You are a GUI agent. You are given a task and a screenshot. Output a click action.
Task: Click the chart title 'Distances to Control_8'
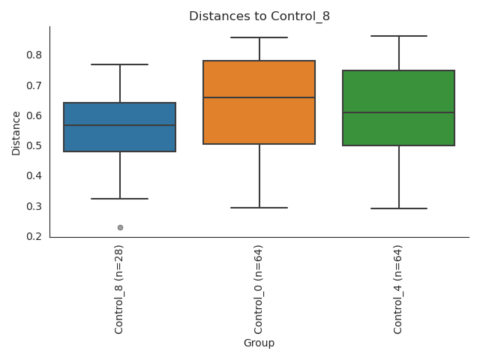[x=259, y=16]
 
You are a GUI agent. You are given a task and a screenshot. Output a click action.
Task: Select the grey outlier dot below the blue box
[x=120, y=227]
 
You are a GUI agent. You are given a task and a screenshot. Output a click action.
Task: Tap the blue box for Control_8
[x=120, y=139]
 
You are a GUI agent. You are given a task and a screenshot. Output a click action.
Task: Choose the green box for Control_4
[x=399, y=131]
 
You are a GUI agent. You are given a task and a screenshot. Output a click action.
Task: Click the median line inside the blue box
[x=120, y=125]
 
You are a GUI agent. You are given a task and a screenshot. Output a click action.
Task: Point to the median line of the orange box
[x=259, y=97]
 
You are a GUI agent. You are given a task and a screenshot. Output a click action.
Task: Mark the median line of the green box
[x=399, y=112]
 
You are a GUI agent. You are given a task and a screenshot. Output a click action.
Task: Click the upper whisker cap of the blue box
[x=120, y=64]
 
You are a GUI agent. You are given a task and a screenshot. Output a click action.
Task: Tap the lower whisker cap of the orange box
[x=259, y=208]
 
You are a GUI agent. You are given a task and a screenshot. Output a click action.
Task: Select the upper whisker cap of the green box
[x=399, y=36]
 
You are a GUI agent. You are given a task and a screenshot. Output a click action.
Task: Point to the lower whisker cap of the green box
[x=399, y=208]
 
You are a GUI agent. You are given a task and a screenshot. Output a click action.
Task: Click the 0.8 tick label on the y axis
[x=34, y=55]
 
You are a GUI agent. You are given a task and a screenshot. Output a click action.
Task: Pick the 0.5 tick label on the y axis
[x=34, y=145]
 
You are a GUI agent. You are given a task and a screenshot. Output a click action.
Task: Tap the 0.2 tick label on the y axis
[x=34, y=236]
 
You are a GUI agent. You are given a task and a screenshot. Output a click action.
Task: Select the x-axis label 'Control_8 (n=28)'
[x=119, y=289]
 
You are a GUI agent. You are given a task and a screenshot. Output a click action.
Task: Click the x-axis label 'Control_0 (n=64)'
[x=259, y=289]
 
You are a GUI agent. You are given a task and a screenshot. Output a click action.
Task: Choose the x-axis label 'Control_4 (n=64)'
[x=398, y=289]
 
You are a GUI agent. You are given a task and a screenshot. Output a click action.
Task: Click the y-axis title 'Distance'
[x=16, y=133]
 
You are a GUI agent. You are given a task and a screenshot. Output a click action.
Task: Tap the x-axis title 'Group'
[x=259, y=343]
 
